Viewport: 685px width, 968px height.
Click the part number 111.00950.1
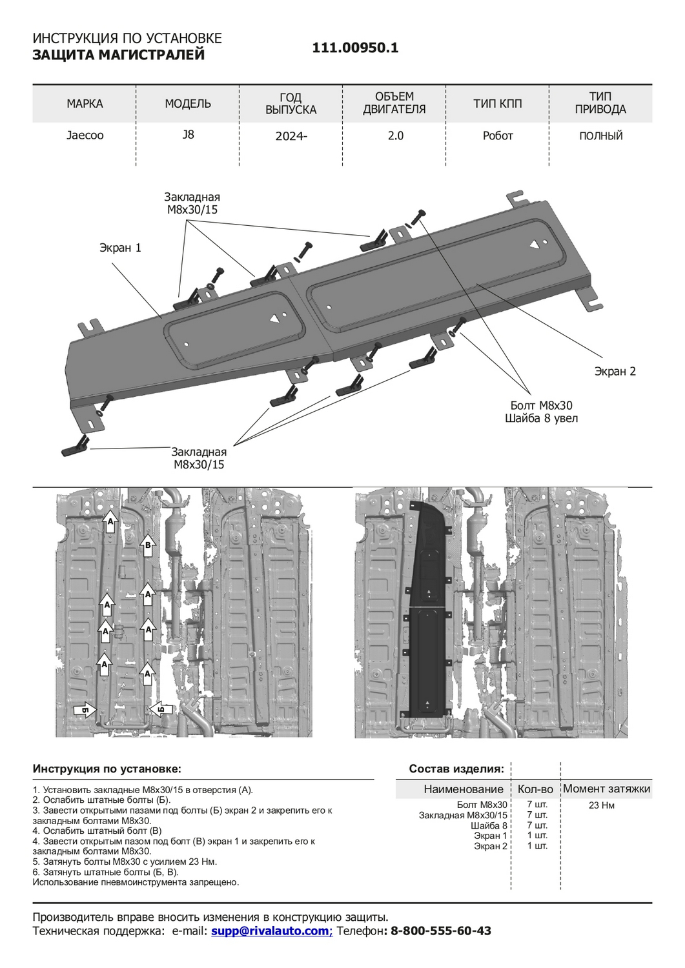coord(355,48)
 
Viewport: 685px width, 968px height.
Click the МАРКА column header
coord(85,103)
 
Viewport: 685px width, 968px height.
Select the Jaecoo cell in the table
coord(85,136)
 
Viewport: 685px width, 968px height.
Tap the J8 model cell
coord(188,135)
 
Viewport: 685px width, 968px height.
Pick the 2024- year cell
coord(291,136)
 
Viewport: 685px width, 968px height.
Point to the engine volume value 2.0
coord(395,136)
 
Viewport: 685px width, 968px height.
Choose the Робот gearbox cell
coord(497,136)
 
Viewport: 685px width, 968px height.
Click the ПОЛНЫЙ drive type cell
coord(600,136)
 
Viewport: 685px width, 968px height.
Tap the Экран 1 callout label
coord(120,248)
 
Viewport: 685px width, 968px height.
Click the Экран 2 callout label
coord(615,371)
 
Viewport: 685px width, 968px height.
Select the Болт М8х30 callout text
coord(541,405)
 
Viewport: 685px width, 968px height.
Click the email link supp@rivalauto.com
coord(271,931)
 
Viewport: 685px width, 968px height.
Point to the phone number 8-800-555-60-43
coord(441,931)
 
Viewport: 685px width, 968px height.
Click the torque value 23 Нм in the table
coord(601,805)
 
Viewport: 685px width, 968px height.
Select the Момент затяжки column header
coord(606,789)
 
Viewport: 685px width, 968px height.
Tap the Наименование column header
coord(463,789)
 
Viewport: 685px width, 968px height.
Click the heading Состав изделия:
coord(456,769)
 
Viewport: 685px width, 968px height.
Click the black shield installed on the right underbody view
coord(426,613)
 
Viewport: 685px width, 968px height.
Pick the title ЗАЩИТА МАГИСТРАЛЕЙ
coord(118,55)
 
